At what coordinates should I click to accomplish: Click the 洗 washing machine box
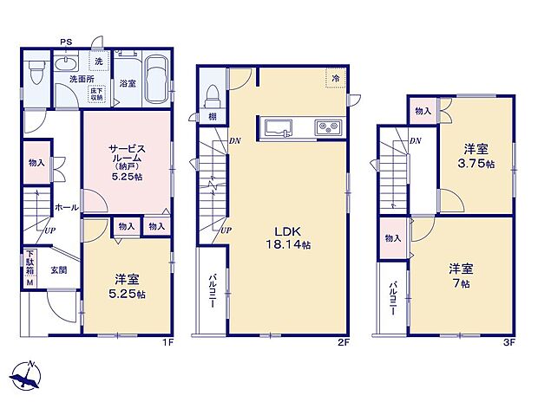tap(98, 62)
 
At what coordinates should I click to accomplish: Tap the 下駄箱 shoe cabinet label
tap(30, 262)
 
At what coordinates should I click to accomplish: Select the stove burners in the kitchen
tap(330, 128)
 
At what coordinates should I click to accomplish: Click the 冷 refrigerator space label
tap(335, 78)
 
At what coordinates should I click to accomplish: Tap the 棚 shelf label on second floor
tap(212, 117)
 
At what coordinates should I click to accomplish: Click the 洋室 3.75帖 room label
tap(476, 156)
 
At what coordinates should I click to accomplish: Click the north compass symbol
tap(26, 376)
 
